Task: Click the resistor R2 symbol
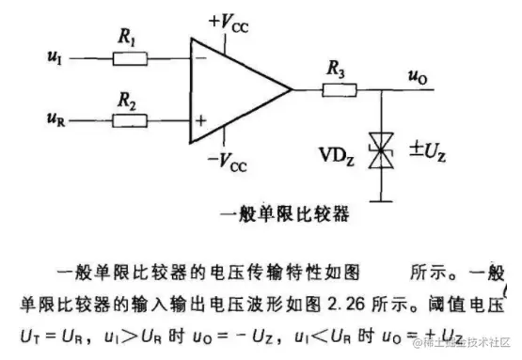pos(130,120)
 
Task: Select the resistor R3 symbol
pos(337,91)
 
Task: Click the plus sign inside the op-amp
pos(200,120)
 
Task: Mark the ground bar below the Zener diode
pos(382,199)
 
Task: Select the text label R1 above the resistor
pos(125,40)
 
